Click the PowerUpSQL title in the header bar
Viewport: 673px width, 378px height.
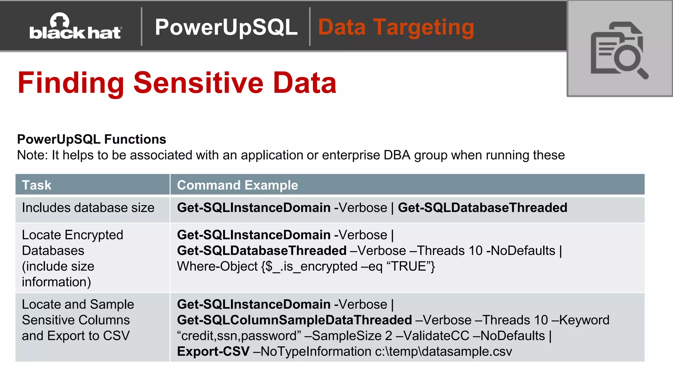[226, 27]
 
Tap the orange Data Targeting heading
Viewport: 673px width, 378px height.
[396, 27]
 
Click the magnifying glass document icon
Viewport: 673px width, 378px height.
[619, 49]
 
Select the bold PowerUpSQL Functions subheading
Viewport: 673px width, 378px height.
[91, 139]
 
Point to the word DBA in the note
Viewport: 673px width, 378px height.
[397, 155]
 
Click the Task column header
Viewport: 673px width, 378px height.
[37, 185]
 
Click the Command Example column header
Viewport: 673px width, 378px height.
[237, 185]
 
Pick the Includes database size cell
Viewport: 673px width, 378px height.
[88, 208]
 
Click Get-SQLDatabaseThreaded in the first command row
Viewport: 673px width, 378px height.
[482, 208]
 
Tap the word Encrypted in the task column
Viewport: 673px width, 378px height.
[94, 235]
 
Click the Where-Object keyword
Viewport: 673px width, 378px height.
[217, 266]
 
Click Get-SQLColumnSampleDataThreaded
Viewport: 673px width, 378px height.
[294, 320]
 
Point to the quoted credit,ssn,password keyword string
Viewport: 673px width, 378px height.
[239, 336]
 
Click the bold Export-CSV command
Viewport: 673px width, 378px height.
[213, 351]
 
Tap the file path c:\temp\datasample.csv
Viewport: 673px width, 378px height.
[443, 351]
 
